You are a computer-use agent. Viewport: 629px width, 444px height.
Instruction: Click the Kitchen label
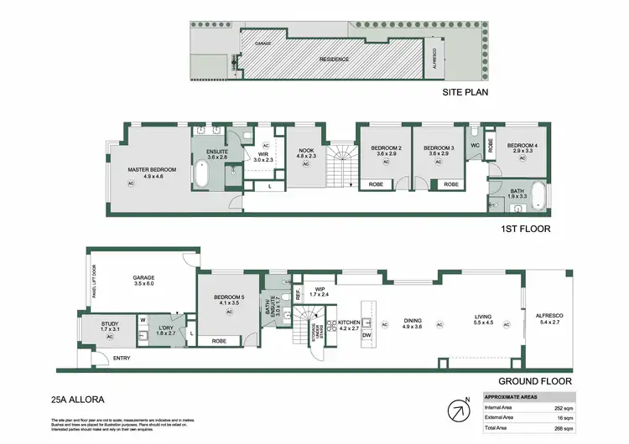(x=348, y=323)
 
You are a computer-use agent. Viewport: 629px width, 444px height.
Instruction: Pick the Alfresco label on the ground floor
(x=548, y=318)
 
